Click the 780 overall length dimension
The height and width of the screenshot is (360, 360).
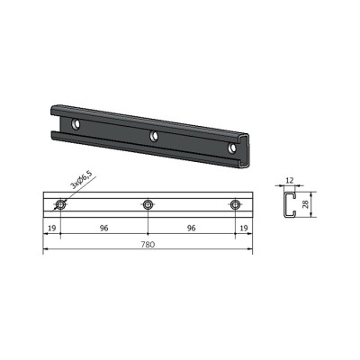pos(148,245)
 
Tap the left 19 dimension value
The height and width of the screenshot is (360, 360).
pos(52,229)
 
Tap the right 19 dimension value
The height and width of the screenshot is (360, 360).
pos(244,229)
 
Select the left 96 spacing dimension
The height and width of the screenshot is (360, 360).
pos(103,229)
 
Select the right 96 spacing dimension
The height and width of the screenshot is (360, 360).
pos(191,229)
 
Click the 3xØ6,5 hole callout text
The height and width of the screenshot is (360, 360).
pos(81,180)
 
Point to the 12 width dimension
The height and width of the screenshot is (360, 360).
pos(290,180)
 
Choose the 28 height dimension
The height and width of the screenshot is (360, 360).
pos(306,204)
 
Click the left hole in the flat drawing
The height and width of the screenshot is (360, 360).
pos(61,204)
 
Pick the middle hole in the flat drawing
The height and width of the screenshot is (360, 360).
pos(148,204)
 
